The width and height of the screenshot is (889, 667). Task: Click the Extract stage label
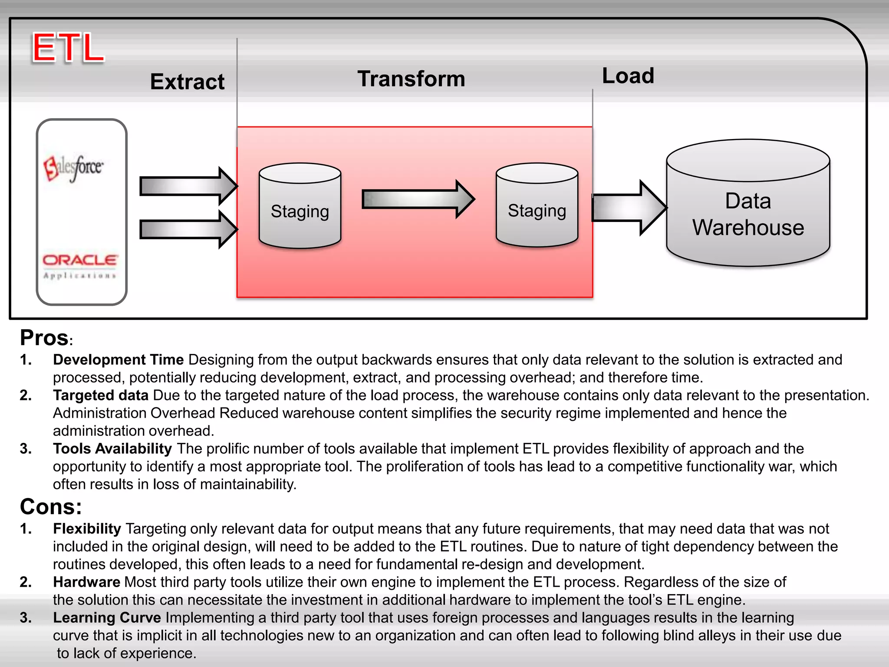pos(187,82)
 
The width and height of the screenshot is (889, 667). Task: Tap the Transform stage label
pos(411,79)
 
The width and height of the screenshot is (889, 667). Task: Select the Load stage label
pos(628,76)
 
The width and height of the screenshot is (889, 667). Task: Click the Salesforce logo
pos(73,168)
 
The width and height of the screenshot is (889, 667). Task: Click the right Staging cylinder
pos(537,205)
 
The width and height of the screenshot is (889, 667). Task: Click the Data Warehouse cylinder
pos(748,203)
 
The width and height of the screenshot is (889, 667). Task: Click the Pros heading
pos(44,338)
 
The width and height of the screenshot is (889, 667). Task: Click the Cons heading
pos(51,506)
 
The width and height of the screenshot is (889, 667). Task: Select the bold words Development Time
pos(118,360)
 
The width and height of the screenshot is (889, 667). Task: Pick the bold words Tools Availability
pos(112,449)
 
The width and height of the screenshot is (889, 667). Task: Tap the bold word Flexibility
pos(87,528)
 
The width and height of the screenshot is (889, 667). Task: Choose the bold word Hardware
pos(86,582)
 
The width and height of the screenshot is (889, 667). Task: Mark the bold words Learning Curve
pos(107,617)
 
